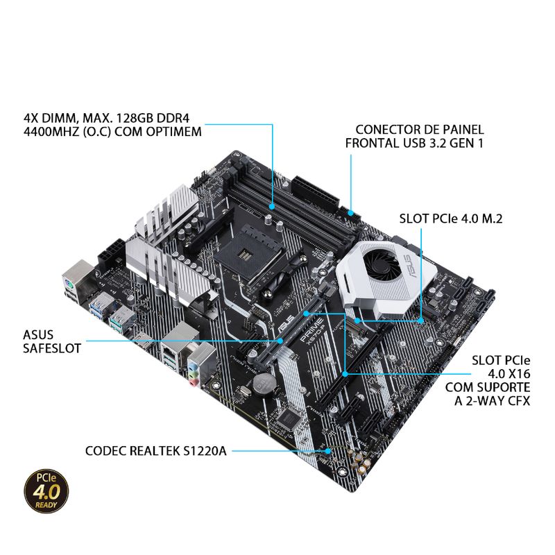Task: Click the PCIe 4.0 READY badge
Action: coord(46,491)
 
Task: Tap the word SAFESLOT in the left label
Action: coord(52,348)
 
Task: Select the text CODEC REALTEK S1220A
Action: coord(155,451)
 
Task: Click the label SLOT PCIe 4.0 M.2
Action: coord(451,219)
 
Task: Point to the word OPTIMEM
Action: coord(172,131)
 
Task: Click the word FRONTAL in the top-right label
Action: coord(373,143)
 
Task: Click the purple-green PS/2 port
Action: coord(69,283)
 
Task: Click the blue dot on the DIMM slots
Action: coord(272,206)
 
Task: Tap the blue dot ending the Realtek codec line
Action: coord(328,451)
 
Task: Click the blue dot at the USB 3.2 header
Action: coord(351,213)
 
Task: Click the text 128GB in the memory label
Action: coord(135,118)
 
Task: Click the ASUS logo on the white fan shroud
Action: coord(411,268)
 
